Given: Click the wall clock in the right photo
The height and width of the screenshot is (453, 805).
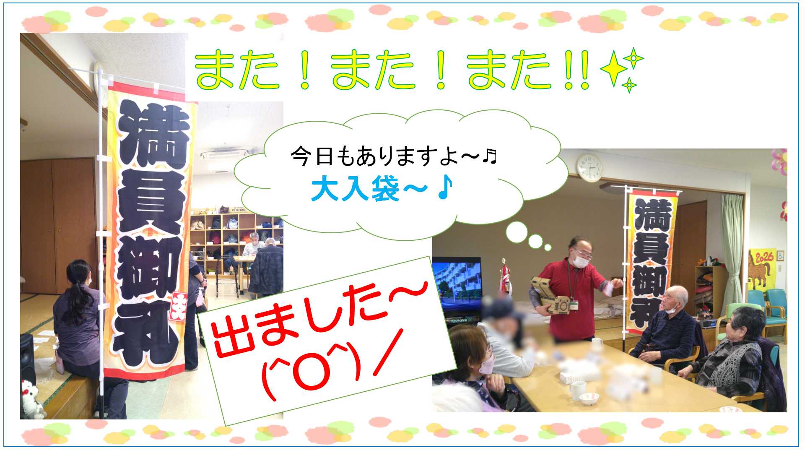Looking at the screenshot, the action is click(x=589, y=167).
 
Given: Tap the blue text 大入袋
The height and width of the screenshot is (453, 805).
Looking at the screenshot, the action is click(x=355, y=189).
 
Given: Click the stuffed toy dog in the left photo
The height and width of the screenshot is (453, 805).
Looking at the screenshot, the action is click(x=32, y=400).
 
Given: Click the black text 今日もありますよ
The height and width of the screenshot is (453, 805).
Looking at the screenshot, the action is click(x=385, y=156).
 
